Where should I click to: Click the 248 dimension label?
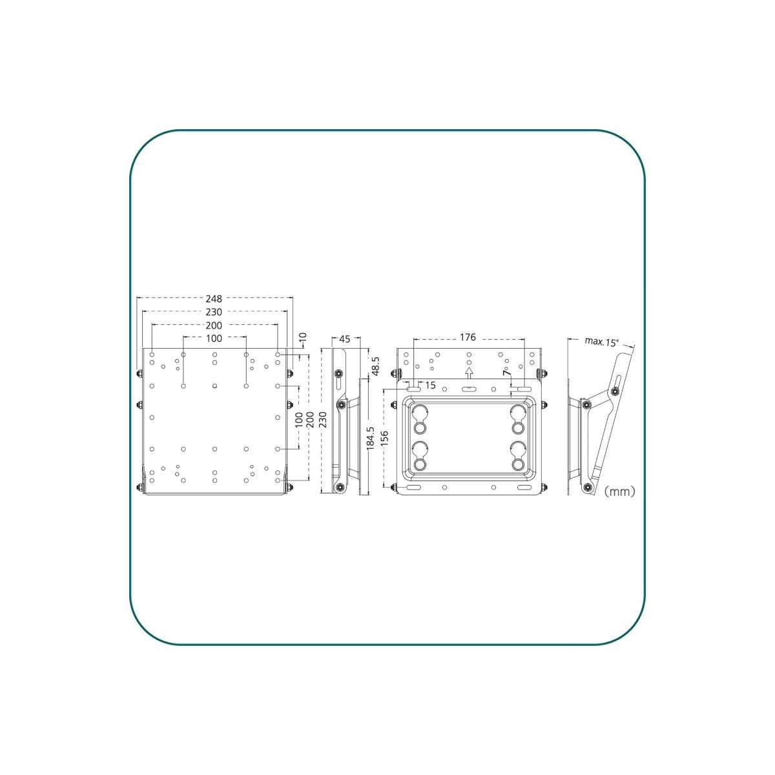pyautogui.click(x=214, y=299)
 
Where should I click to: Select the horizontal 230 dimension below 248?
pyautogui.click(x=214, y=312)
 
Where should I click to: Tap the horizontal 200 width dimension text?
pyautogui.click(x=214, y=325)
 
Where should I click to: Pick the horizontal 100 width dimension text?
pyautogui.click(x=214, y=338)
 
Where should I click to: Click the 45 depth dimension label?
pyautogui.click(x=345, y=339)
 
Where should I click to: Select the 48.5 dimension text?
pyautogui.click(x=375, y=366)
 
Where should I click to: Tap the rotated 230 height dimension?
pyautogui.click(x=322, y=420)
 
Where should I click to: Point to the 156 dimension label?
pyautogui.click(x=384, y=439)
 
